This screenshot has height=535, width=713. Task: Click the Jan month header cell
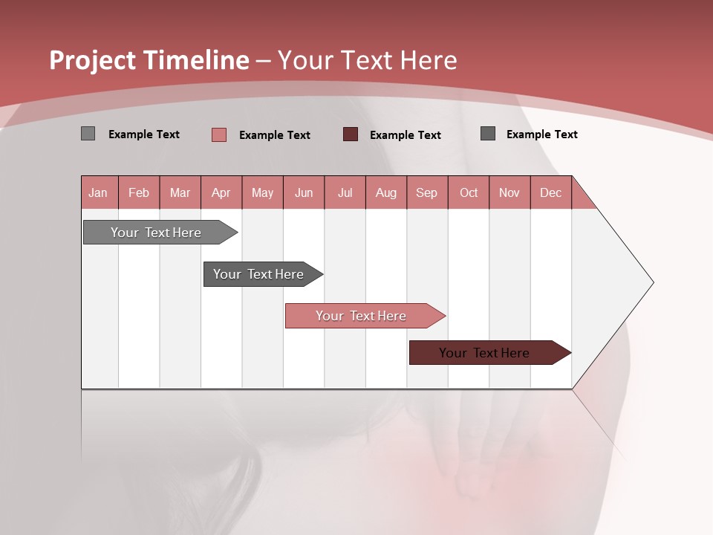pyautogui.click(x=99, y=192)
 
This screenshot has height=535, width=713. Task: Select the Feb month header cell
pyautogui.click(x=139, y=192)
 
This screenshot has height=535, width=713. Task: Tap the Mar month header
pyautogui.click(x=180, y=192)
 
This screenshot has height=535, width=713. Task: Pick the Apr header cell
pyautogui.click(x=221, y=192)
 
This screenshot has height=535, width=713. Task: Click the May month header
pyautogui.click(x=262, y=192)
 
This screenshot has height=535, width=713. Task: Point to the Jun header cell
pyautogui.click(x=304, y=192)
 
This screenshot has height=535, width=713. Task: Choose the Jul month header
pyautogui.click(x=345, y=192)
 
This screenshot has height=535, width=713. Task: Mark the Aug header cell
pyautogui.click(x=386, y=192)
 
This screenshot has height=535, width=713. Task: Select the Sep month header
pyautogui.click(x=427, y=192)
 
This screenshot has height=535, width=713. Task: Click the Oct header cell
pyautogui.click(x=469, y=192)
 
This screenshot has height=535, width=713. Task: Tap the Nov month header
pyautogui.click(x=509, y=192)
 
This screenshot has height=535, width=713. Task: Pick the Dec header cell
pyautogui.click(x=551, y=192)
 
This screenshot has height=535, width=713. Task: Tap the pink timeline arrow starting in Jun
pyautogui.click(x=362, y=316)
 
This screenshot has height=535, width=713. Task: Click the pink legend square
pyautogui.click(x=218, y=134)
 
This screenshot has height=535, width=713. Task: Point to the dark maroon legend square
pyautogui.click(x=351, y=134)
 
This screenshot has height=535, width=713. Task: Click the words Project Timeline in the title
pyautogui.click(x=149, y=60)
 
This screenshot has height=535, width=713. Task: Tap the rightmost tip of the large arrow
pyautogui.click(x=652, y=282)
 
